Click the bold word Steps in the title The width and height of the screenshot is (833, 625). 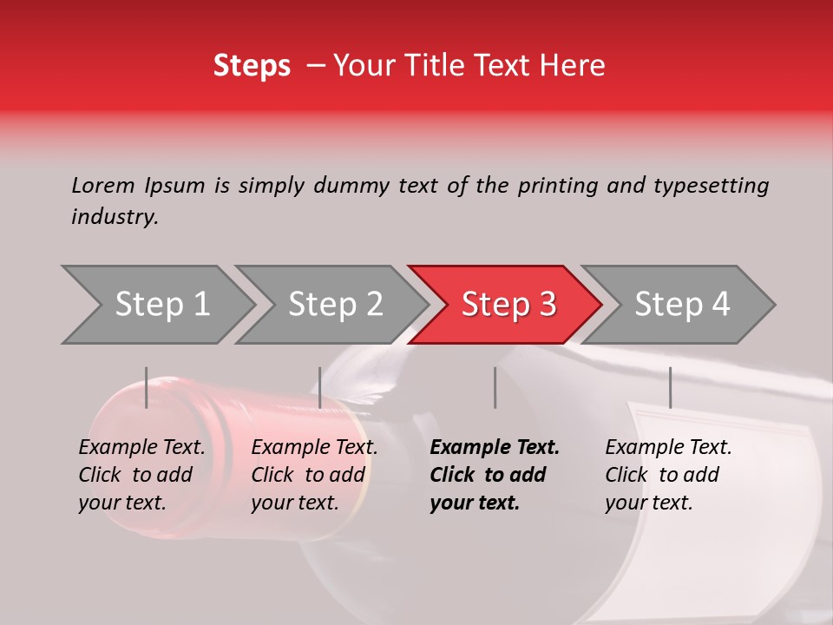252,66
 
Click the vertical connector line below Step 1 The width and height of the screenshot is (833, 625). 147,387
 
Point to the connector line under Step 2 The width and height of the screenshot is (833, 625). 320,387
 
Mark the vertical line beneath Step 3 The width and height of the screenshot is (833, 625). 495,387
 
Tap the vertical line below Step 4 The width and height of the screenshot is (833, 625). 670,387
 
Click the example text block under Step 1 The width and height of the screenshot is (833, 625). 141,475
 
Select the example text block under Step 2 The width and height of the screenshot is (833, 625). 314,475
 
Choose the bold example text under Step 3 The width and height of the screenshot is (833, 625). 495,475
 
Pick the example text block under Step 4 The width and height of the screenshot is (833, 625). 668,475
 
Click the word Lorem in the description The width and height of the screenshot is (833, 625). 102,185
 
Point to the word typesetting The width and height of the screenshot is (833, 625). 711,186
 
